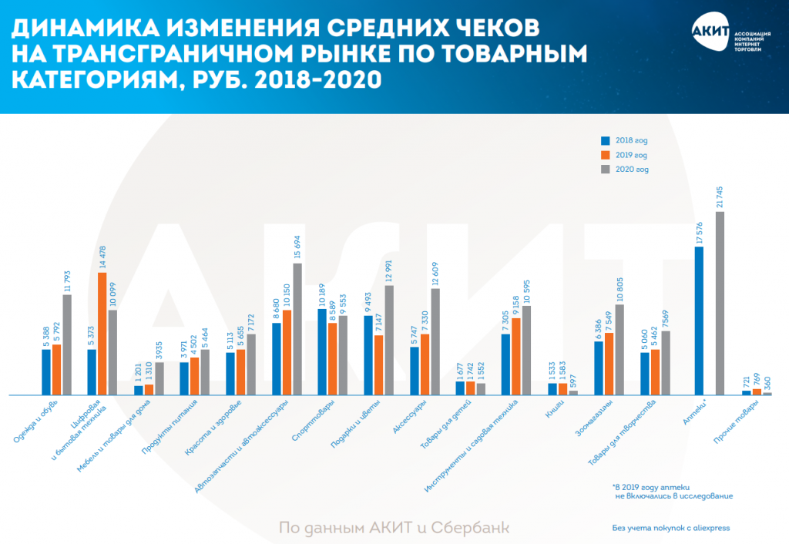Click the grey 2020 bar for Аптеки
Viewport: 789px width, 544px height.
click(720, 304)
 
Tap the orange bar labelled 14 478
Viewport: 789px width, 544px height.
click(102, 324)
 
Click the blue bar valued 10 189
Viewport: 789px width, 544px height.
click(322, 352)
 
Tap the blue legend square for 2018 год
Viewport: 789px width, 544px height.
click(606, 141)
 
